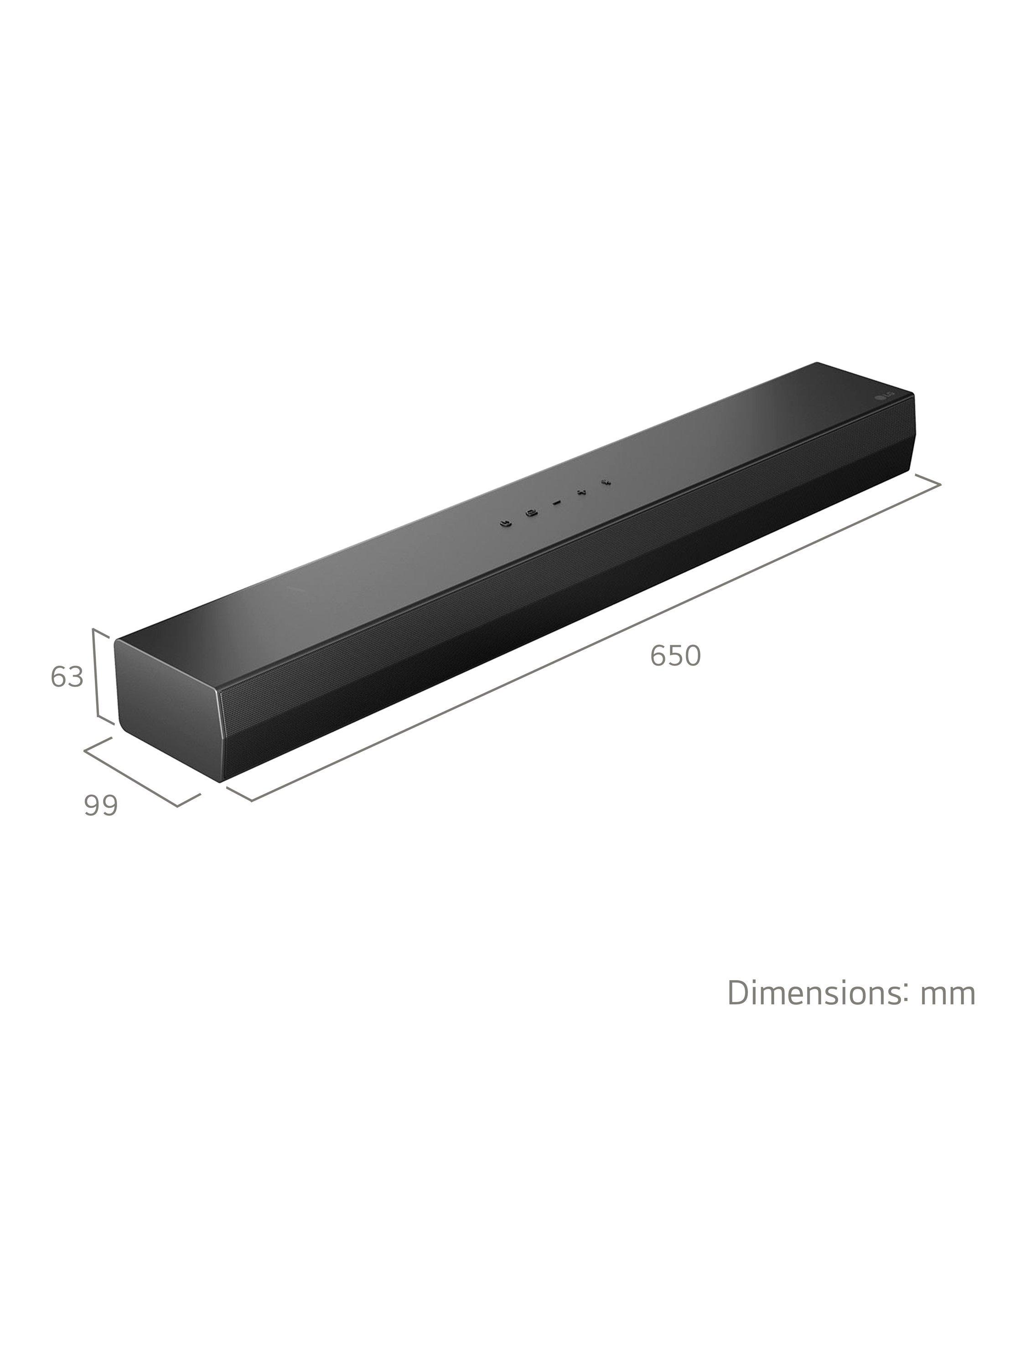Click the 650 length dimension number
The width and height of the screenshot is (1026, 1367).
(675, 656)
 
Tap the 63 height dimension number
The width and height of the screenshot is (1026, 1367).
(67, 677)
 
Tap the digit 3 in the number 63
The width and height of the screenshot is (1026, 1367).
(75, 677)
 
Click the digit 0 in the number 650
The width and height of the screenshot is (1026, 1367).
(692, 656)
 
